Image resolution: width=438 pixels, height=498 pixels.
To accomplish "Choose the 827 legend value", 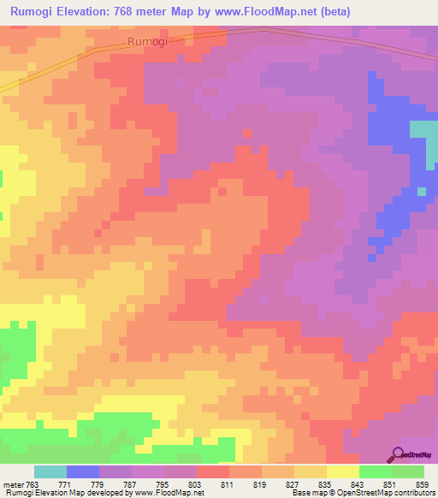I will [x=278, y=485].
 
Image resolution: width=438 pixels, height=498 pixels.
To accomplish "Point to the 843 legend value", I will [x=343, y=485].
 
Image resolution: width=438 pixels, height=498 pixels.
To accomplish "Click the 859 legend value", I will [x=408, y=485].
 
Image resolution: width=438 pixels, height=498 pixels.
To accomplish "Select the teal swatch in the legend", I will [x=50, y=471].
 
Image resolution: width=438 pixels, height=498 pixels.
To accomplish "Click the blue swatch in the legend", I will [x=83, y=471].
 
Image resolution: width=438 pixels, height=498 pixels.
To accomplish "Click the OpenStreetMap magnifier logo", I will [x=399, y=454].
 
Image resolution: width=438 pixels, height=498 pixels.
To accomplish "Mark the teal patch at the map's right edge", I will [x=425, y=137].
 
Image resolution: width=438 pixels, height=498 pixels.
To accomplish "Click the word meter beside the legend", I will [x=15, y=485].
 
